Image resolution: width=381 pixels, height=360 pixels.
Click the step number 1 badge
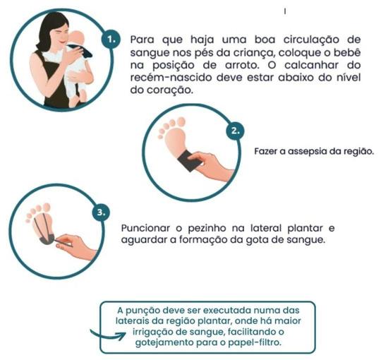pos(111,40)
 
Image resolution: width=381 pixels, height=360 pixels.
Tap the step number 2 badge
pos(235,131)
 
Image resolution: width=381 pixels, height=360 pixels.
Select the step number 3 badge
pos(101,212)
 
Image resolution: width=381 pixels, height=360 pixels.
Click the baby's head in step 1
pos(76,38)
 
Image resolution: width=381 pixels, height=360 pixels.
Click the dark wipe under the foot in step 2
pos(190,161)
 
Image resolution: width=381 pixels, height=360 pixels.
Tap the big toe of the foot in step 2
pos(181,122)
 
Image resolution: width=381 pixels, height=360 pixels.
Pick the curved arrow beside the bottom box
pos(107,335)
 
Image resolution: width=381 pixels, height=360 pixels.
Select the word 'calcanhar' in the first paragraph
pos(312,65)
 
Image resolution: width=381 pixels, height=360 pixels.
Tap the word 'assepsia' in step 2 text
pos(307,152)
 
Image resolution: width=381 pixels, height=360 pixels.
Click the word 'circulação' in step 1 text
pos(311,40)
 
